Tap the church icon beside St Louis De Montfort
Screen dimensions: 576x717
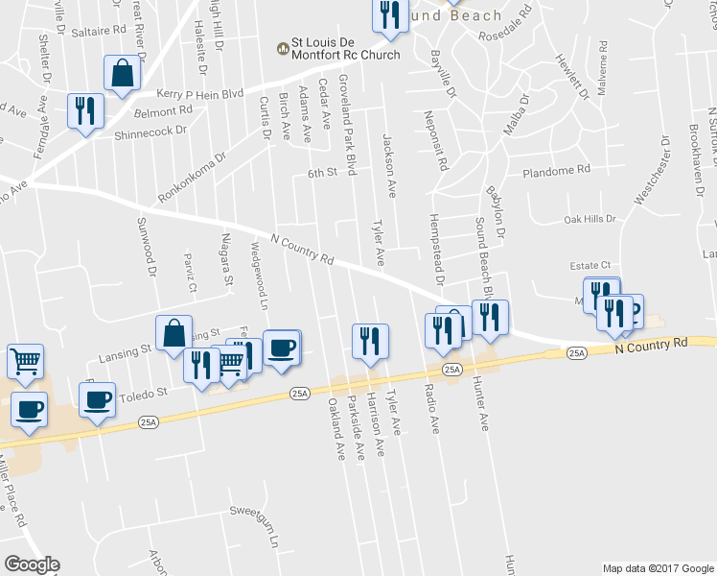pos(284,47)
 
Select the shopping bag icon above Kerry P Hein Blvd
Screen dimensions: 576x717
pos(123,74)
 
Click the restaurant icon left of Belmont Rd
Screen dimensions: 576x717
pos(84,110)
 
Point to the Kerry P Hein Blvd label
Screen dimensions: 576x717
pos(199,94)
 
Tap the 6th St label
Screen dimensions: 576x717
pos(324,174)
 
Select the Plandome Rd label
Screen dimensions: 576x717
pos(556,171)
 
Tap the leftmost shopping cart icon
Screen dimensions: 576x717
pos(26,361)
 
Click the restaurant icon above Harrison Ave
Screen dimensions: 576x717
pos(369,340)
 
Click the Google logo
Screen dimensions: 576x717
pos(32,564)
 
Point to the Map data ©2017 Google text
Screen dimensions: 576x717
pos(658,568)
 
